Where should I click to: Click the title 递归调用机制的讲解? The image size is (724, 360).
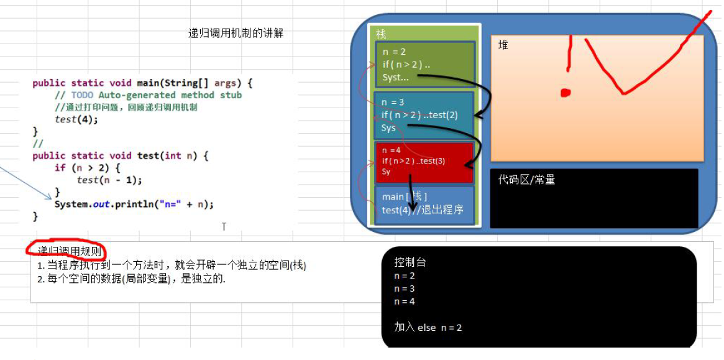pos(236,34)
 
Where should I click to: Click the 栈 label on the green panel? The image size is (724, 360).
pos(381,35)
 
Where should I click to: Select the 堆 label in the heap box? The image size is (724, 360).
pos(503,45)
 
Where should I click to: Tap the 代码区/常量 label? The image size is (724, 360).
pos(526,180)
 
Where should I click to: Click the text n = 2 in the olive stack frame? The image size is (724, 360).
pos(395,52)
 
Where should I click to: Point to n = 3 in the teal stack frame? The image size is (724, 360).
pos(393,102)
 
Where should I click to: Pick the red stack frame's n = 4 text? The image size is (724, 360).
pos(392,150)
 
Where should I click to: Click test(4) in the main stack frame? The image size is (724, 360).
pos(395,210)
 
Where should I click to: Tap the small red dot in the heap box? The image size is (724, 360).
pos(565,93)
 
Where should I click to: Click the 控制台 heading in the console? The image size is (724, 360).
pos(410,262)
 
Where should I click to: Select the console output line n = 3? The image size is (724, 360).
pos(405,288)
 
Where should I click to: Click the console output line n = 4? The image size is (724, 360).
pos(405,302)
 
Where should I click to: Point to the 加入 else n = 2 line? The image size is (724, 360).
pos(428,327)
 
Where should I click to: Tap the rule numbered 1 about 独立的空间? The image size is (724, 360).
pos(172,265)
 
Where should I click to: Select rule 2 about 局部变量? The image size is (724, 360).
pos(131,279)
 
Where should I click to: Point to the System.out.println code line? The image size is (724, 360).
pos(134,204)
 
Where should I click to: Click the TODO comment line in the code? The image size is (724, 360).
pos(148,95)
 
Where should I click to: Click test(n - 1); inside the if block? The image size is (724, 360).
pos(109,180)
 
